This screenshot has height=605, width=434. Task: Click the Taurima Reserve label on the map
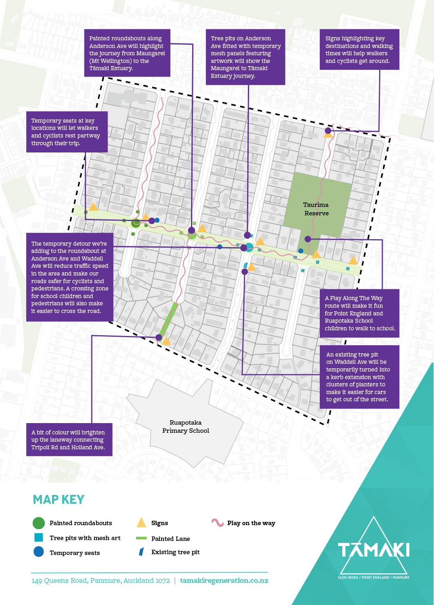point(316,209)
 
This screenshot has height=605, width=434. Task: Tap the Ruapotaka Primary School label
point(186,427)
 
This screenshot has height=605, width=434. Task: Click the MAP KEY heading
point(59,500)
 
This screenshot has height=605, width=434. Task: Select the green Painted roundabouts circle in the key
point(38,523)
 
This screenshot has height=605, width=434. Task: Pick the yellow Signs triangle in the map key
point(141,523)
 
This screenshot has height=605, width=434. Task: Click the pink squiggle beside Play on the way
point(218,523)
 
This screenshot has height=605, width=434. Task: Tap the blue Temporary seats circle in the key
point(39,552)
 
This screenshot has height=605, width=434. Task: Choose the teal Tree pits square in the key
point(39,538)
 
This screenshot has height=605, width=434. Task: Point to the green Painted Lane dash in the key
point(141,538)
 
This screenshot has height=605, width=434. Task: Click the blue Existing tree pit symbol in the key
point(141,552)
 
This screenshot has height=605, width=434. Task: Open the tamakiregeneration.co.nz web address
point(224,580)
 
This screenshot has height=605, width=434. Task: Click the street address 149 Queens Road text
point(101,580)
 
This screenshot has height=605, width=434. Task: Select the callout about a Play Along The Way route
point(359,313)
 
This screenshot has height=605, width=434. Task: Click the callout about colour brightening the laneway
point(69,440)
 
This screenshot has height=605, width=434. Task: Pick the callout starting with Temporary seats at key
point(67,132)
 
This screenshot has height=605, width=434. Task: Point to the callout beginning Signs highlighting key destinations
point(359,50)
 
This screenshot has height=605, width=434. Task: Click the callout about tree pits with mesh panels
point(245,57)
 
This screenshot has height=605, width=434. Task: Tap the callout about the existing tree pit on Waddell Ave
point(359,377)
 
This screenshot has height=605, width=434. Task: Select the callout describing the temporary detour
point(70,277)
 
